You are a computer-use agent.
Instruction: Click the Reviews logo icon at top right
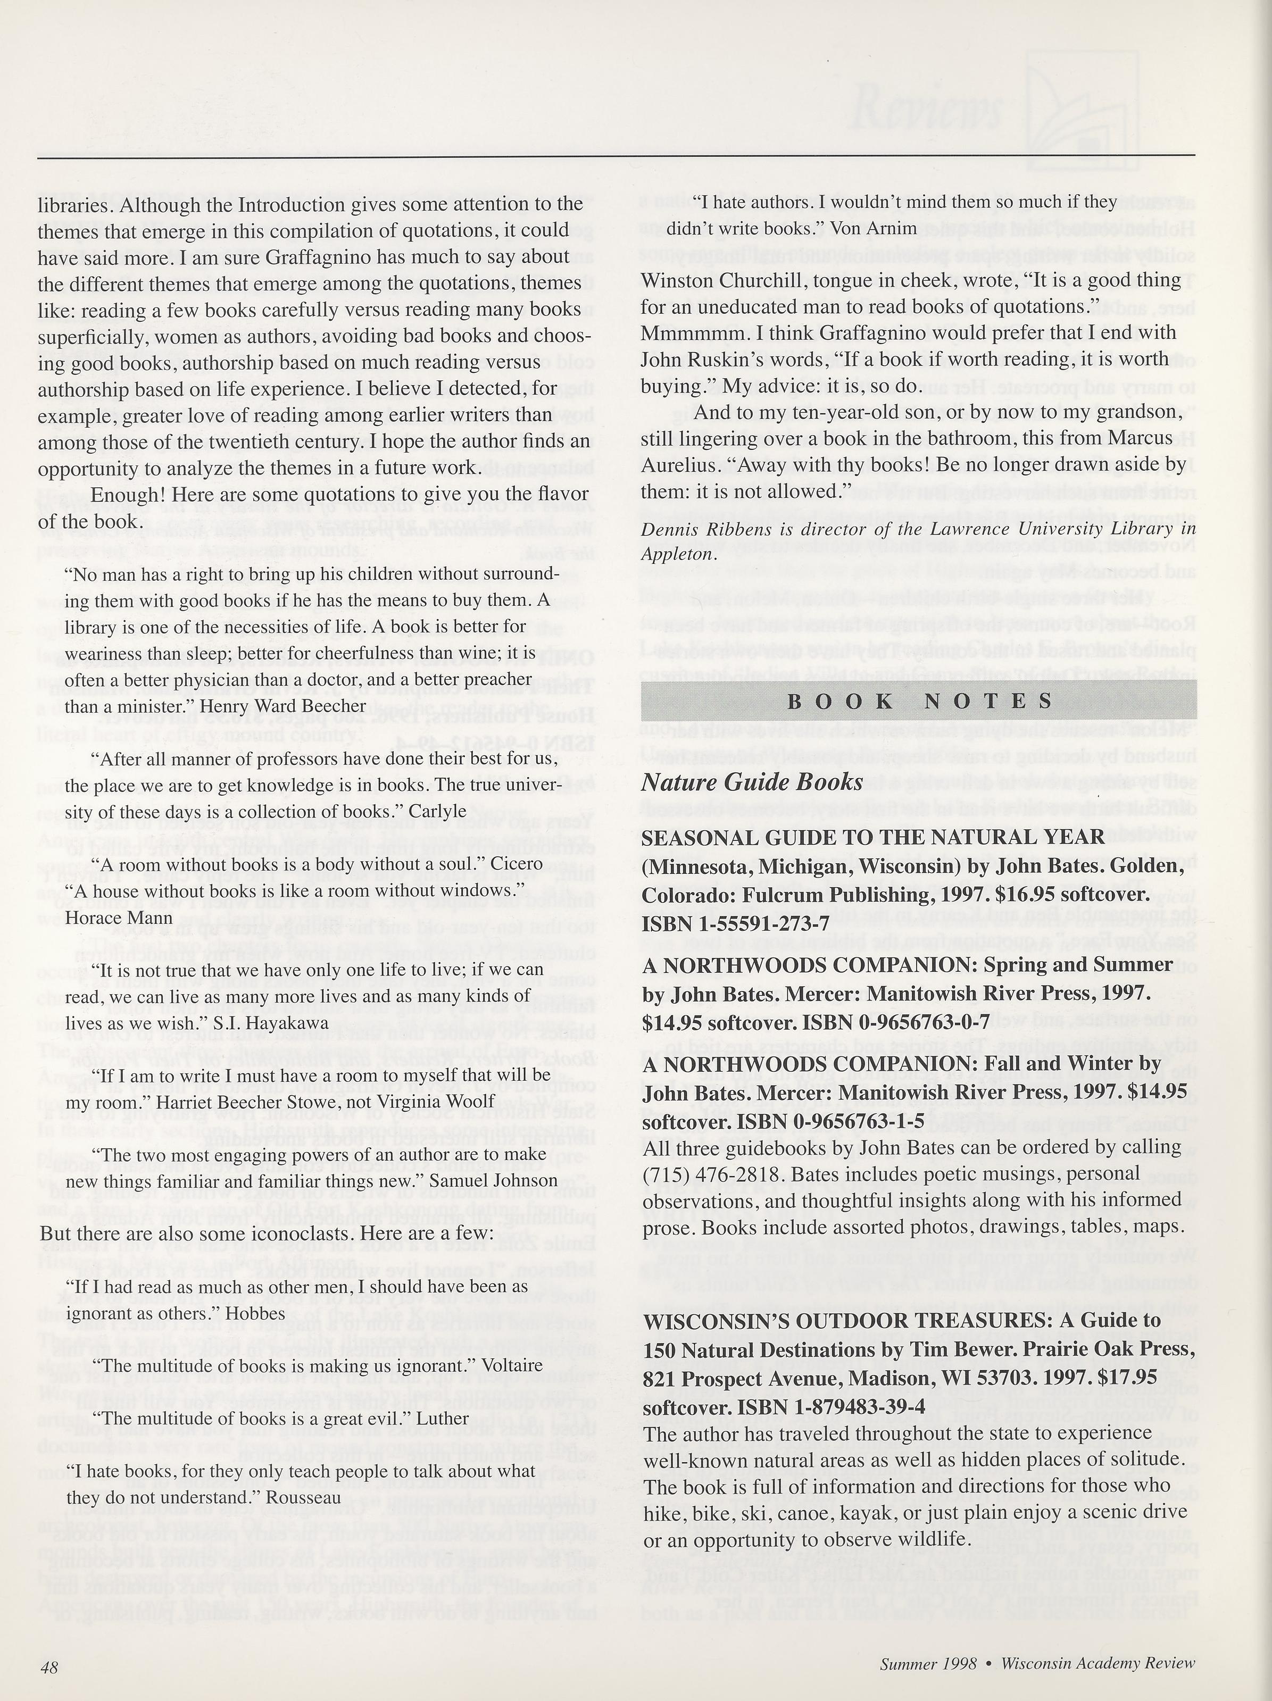(1067, 118)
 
